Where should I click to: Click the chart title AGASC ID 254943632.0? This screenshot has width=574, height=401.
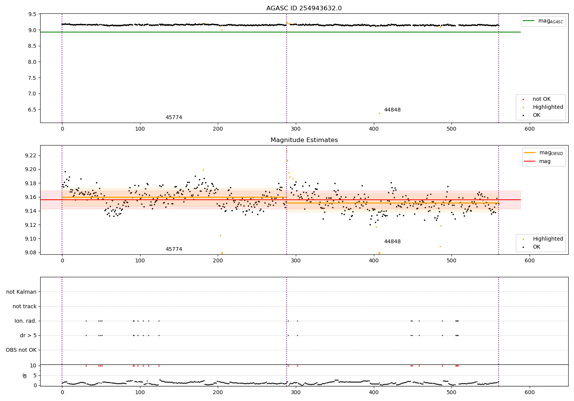[304, 8]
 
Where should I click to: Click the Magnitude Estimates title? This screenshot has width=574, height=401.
[304, 140]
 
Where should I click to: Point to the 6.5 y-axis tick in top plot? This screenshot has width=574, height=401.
[32, 110]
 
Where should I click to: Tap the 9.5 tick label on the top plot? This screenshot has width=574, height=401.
[32, 14]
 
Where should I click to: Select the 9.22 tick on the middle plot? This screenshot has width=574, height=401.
[30, 155]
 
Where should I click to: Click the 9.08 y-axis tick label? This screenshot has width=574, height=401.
[30, 252]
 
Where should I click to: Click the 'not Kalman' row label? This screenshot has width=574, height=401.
[21, 292]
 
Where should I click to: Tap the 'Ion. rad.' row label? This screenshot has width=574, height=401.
[26, 321]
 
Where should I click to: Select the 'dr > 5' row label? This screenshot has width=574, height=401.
[28, 335]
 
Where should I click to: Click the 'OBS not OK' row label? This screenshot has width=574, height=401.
[21, 350]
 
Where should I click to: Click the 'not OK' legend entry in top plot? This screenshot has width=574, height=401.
[541, 99]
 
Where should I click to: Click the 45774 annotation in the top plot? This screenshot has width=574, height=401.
[174, 118]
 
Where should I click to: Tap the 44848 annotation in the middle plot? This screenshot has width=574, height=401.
[392, 241]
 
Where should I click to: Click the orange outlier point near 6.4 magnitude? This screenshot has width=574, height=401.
[379, 113]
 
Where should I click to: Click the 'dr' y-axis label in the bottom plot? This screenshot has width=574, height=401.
[25, 375]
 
